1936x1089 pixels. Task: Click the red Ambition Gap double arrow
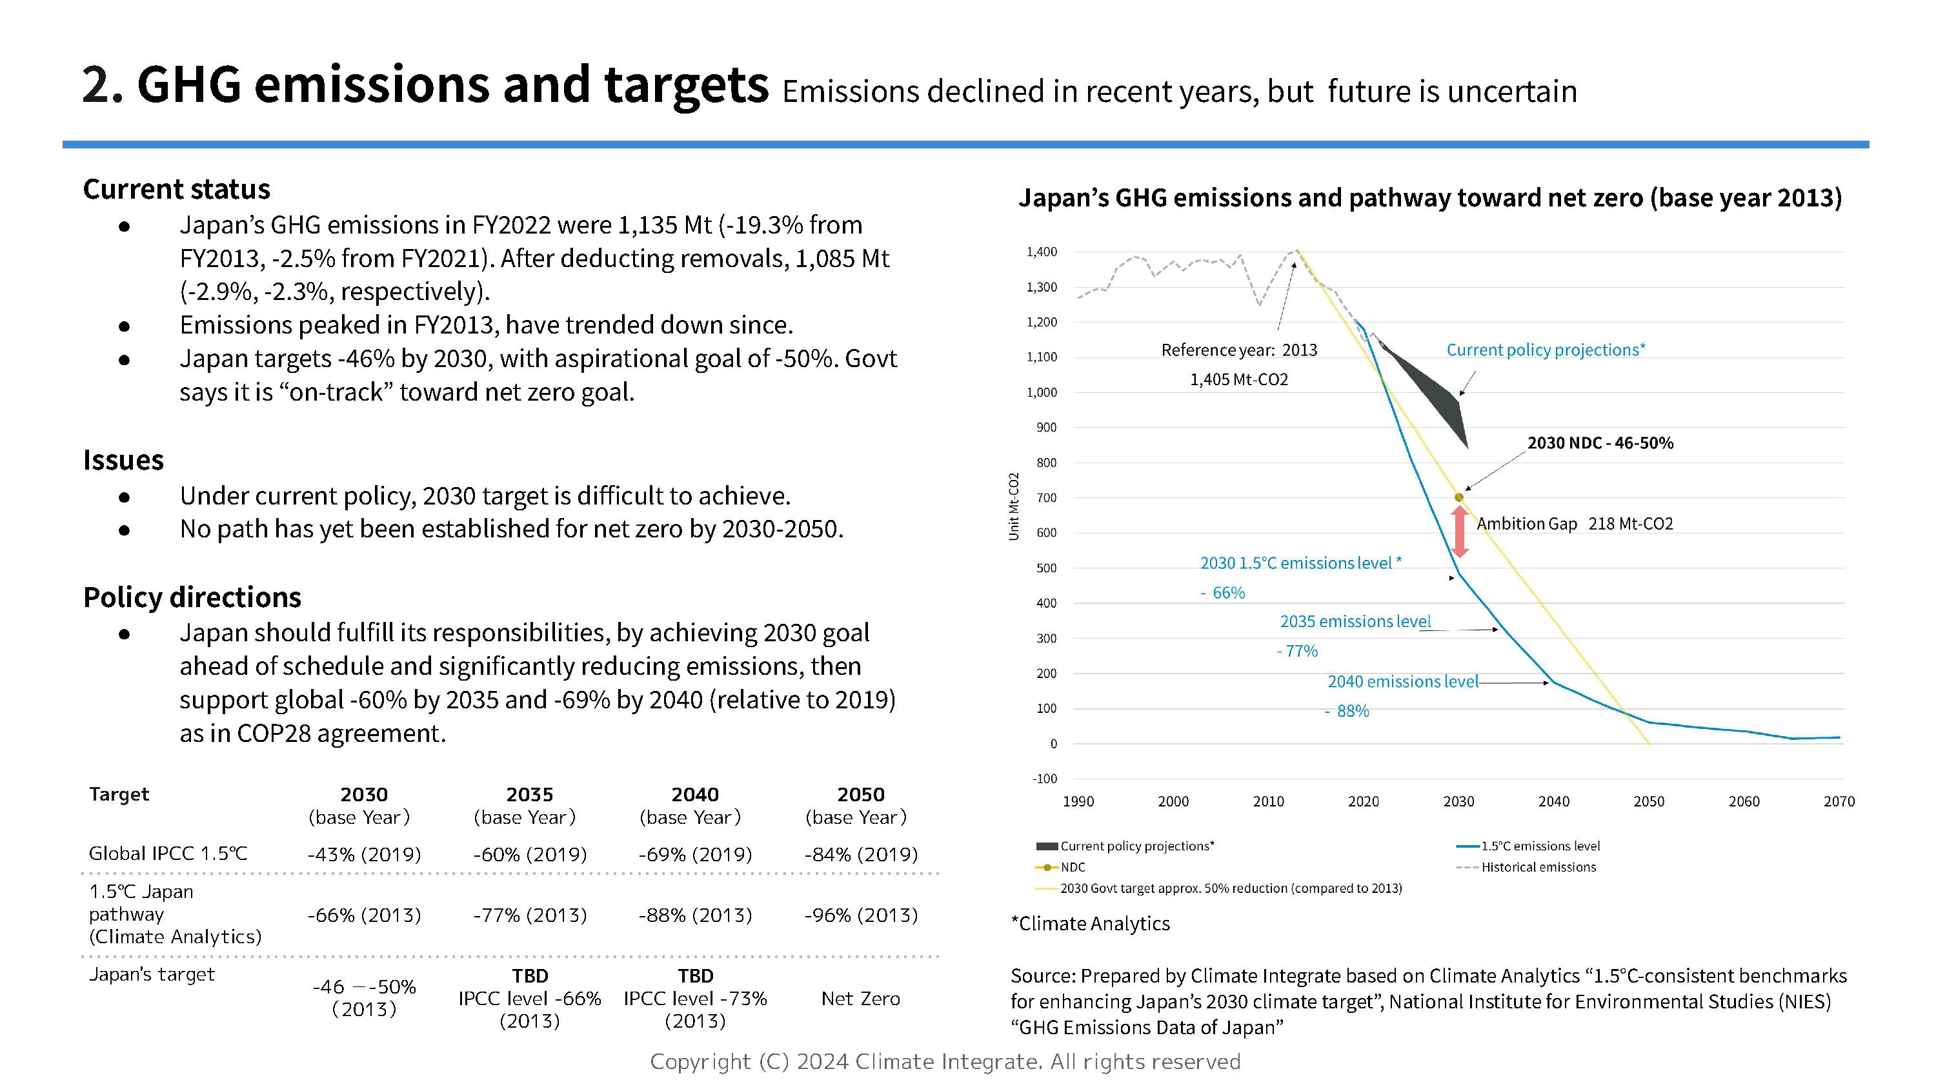[1458, 532]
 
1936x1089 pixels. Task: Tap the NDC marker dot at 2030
[1458, 497]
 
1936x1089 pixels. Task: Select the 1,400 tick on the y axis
[1042, 252]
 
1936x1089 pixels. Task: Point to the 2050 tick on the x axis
[1648, 801]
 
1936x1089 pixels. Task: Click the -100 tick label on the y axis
[1044, 779]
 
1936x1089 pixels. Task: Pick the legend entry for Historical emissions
[1538, 866]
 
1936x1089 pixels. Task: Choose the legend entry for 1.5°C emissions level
[1540, 846]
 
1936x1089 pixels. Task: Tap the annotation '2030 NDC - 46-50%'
[1600, 443]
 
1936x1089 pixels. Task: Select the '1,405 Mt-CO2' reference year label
[1238, 379]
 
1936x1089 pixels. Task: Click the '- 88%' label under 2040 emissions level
[1347, 711]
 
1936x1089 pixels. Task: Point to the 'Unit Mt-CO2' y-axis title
[1013, 506]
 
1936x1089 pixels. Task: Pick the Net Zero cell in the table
[860, 998]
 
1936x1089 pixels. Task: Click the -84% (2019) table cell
[860, 855]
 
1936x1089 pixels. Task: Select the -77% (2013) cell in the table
[530, 915]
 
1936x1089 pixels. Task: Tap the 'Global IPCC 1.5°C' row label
[168, 853]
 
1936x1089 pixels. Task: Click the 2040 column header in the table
[695, 794]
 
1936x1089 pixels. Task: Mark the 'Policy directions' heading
[192, 597]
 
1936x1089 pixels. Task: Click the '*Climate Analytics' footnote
[1091, 923]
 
